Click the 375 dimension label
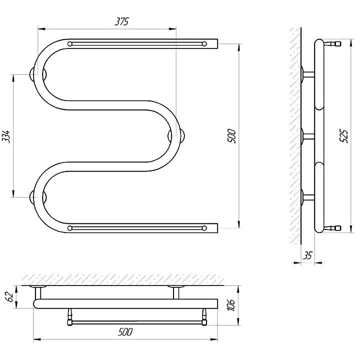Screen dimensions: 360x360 121,21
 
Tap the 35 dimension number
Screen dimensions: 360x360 307,255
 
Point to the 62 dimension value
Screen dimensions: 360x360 8,297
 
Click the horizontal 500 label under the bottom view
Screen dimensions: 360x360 125,332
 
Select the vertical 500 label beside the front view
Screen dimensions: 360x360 232,136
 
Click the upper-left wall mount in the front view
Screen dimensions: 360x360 38,74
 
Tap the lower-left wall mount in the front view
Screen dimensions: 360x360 38,197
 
